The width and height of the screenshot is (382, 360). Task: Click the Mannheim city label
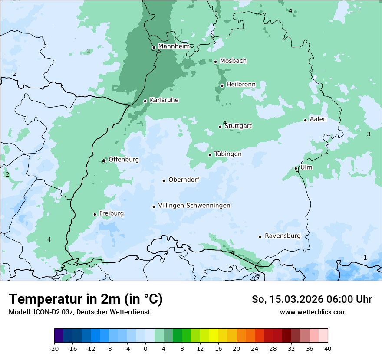pos(174,46)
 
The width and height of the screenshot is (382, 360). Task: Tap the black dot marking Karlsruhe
pos(145,101)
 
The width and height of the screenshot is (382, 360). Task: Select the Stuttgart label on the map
pos(238,126)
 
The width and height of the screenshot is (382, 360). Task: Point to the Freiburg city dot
pos(95,214)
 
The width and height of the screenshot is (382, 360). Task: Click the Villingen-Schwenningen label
pos(194,206)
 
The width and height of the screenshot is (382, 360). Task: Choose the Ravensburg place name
pos(283,236)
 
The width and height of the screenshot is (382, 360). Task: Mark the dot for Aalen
pos(306,120)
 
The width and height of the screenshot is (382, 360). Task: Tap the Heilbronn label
pos(240,84)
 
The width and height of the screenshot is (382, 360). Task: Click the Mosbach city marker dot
pos(215,62)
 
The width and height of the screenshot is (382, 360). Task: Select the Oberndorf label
pos(184,180)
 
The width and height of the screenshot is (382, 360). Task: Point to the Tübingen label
pos(228,154)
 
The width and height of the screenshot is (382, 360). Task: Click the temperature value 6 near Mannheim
pos(159,52)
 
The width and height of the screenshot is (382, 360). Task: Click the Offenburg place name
pos(124,160)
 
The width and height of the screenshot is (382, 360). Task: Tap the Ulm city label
pos(306,167)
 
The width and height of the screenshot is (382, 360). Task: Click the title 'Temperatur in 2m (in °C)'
pos(86,299)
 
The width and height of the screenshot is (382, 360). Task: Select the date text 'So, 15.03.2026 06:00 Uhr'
pos(312,299)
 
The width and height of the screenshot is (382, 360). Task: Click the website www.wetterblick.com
pos(313,312)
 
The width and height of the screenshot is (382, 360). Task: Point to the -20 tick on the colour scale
pos(54,348)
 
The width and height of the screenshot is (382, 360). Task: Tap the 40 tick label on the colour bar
pos(328,348)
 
